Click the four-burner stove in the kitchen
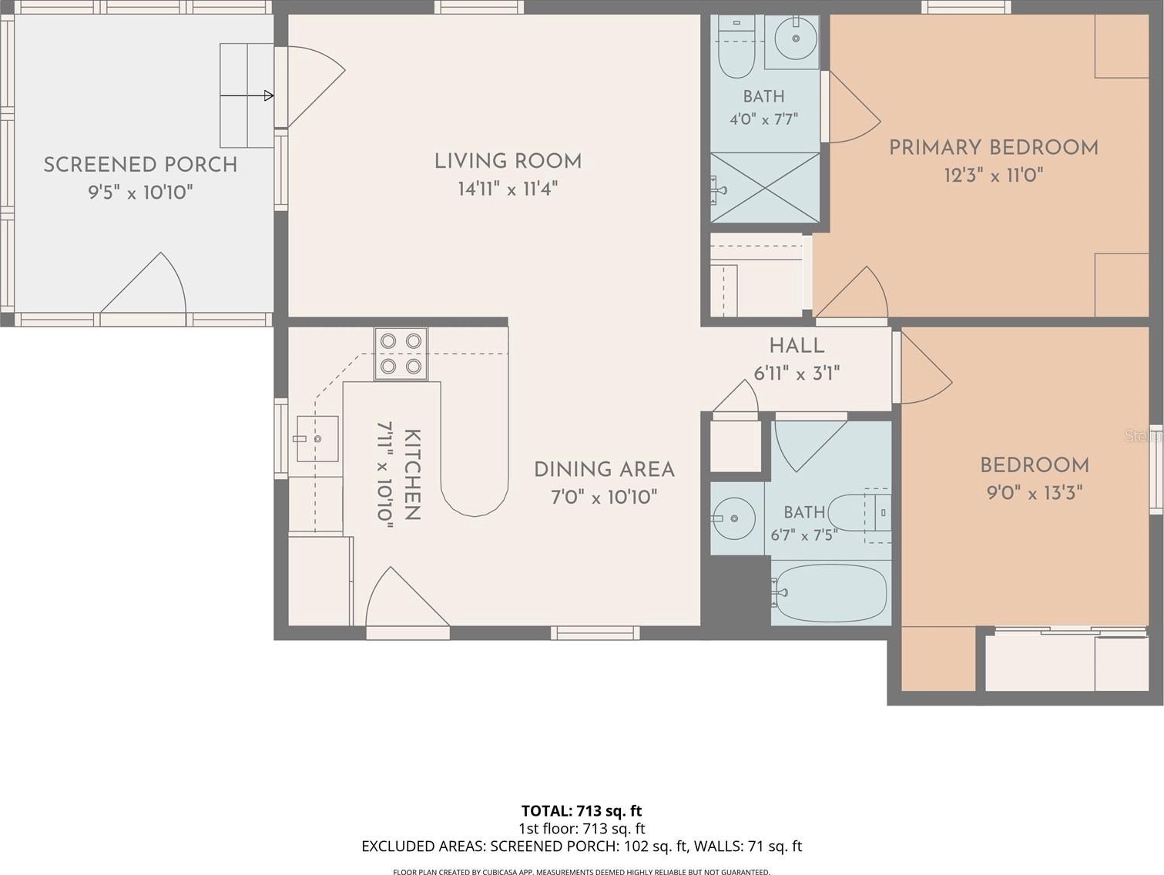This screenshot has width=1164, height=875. click(401, 354)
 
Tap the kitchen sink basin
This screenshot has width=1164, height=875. click(317, 439)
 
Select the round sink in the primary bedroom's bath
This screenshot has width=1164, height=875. click(796, 38)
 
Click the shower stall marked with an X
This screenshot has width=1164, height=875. click(765, 188)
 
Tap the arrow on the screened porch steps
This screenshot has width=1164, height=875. click(247, 96)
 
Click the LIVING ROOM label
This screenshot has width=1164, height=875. click(508, 161)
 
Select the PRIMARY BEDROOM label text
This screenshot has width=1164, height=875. click(994, 148)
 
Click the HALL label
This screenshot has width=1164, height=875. click(797, 346)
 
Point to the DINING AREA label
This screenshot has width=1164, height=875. click(604, 470)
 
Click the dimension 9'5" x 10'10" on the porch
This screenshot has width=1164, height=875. click(140, 192)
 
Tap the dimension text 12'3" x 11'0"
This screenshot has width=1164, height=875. click(994, 175)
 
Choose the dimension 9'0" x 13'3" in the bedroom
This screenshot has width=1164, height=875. click(1034, 493)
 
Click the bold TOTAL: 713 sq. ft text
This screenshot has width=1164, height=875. click(582, 811)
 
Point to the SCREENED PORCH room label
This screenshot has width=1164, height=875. click(140, 165)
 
